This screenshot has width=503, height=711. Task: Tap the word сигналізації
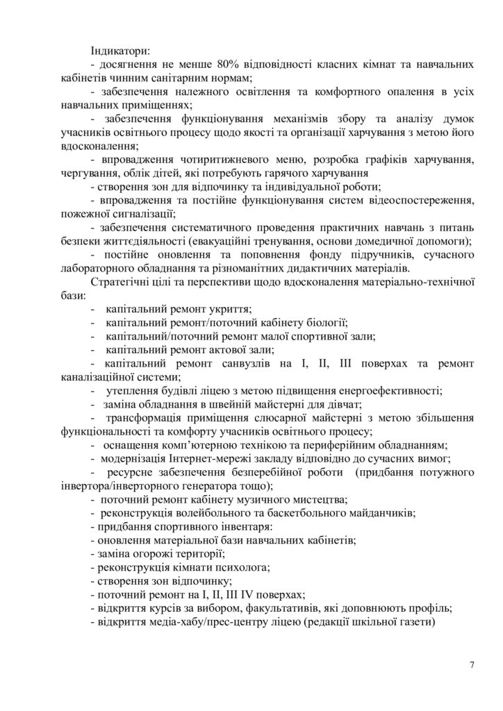[140, 215]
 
